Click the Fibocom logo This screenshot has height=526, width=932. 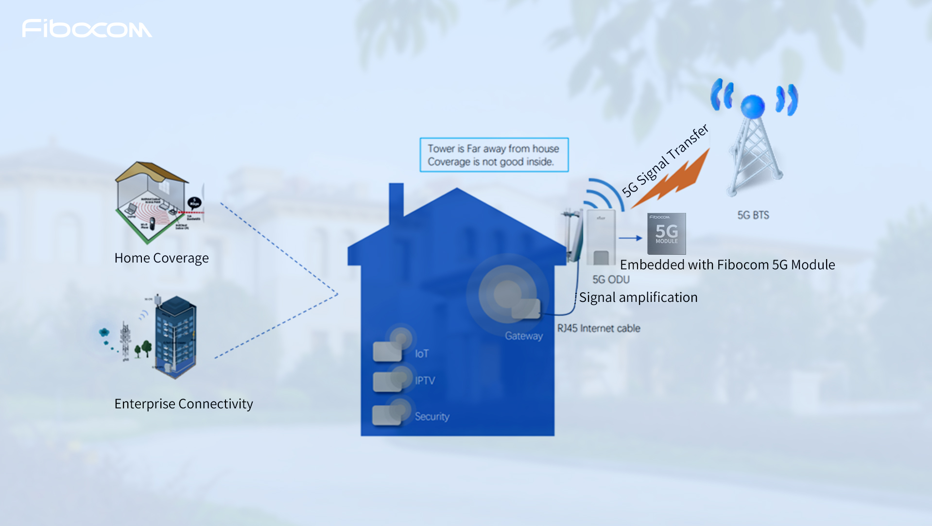click(x=86, y=29)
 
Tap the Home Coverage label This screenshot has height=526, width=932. click(x=161, y=258)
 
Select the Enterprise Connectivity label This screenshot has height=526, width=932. click(x=184, y=404)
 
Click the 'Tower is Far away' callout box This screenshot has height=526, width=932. click(x=494, y=155)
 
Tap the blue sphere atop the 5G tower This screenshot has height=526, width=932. click(x=753, y=105)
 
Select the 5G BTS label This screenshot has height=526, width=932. click(x=753, y=215)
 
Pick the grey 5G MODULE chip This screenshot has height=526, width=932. click(x=666, y=234)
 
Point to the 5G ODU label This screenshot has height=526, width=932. click(x=611, y=280)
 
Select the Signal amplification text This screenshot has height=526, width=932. click(x=638, y=298)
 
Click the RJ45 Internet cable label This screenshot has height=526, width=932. click(x=599, y=329)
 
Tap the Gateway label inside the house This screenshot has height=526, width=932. click(x=523, y=336)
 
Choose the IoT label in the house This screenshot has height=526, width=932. click(x=421, y=354)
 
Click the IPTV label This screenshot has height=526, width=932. click(x=425, y=381)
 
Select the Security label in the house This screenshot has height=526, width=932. click(x=431, y=417)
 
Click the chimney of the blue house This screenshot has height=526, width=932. click(x=396, y=202)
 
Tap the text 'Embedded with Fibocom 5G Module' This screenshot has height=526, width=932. click(x=727, y=265)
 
